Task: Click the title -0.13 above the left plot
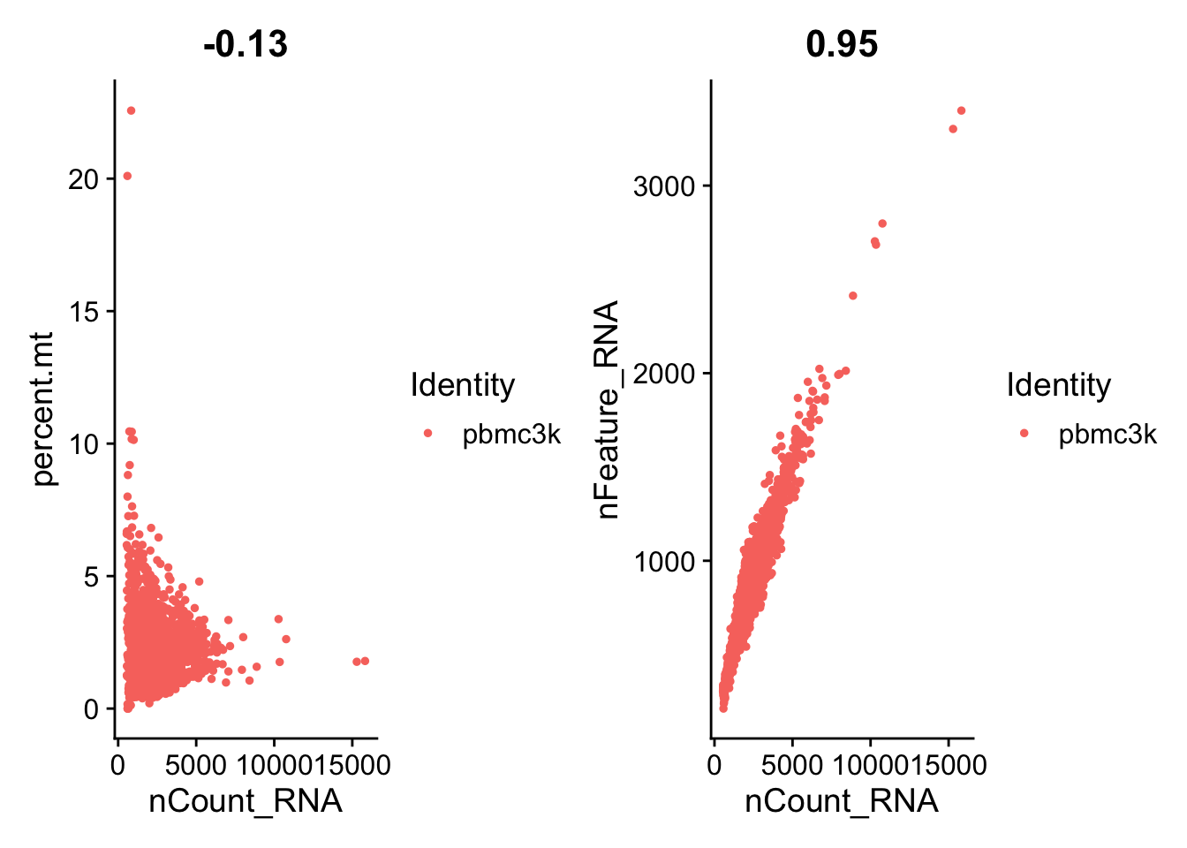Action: [246, 44]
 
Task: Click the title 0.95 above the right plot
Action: [842, 44]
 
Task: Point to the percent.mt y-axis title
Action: [43, 409]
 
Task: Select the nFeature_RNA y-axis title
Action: [608, 409]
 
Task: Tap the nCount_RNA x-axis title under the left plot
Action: [246, 800]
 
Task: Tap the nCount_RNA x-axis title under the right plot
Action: [842, 800]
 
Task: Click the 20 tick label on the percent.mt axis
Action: [85, 179]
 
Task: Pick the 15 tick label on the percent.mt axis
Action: [85, 312]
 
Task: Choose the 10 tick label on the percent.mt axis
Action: [85, 444]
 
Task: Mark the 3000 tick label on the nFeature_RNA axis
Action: [663, 186]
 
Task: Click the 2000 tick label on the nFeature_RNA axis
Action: [663, 374]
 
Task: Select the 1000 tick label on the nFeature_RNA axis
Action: [663, 561]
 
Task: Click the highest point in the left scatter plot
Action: [131, 110]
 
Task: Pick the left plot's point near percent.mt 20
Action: [126, 176]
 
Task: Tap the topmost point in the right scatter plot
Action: [961, 110]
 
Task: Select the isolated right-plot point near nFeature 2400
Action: [852, 296]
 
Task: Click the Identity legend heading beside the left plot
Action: [462, 385]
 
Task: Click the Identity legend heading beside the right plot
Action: [1058, 385]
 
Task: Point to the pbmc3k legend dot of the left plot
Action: [428, 433]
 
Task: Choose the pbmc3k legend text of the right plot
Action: [1108, 435]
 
